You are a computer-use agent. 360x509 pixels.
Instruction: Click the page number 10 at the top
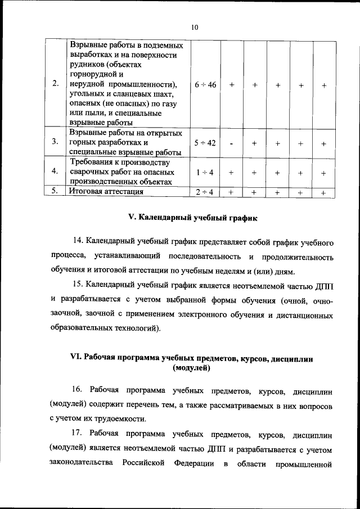195,27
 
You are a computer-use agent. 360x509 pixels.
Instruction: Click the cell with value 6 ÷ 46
205,84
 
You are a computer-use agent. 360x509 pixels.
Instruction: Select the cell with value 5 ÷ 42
205,143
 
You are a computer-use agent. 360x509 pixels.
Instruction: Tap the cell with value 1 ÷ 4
205,173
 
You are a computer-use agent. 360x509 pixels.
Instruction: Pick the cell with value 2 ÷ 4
205,192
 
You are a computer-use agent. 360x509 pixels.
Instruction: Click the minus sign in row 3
231,143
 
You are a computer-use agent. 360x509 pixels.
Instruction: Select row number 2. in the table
55,84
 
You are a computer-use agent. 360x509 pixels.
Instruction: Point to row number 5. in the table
55,191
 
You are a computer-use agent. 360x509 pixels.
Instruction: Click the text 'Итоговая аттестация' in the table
106,192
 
